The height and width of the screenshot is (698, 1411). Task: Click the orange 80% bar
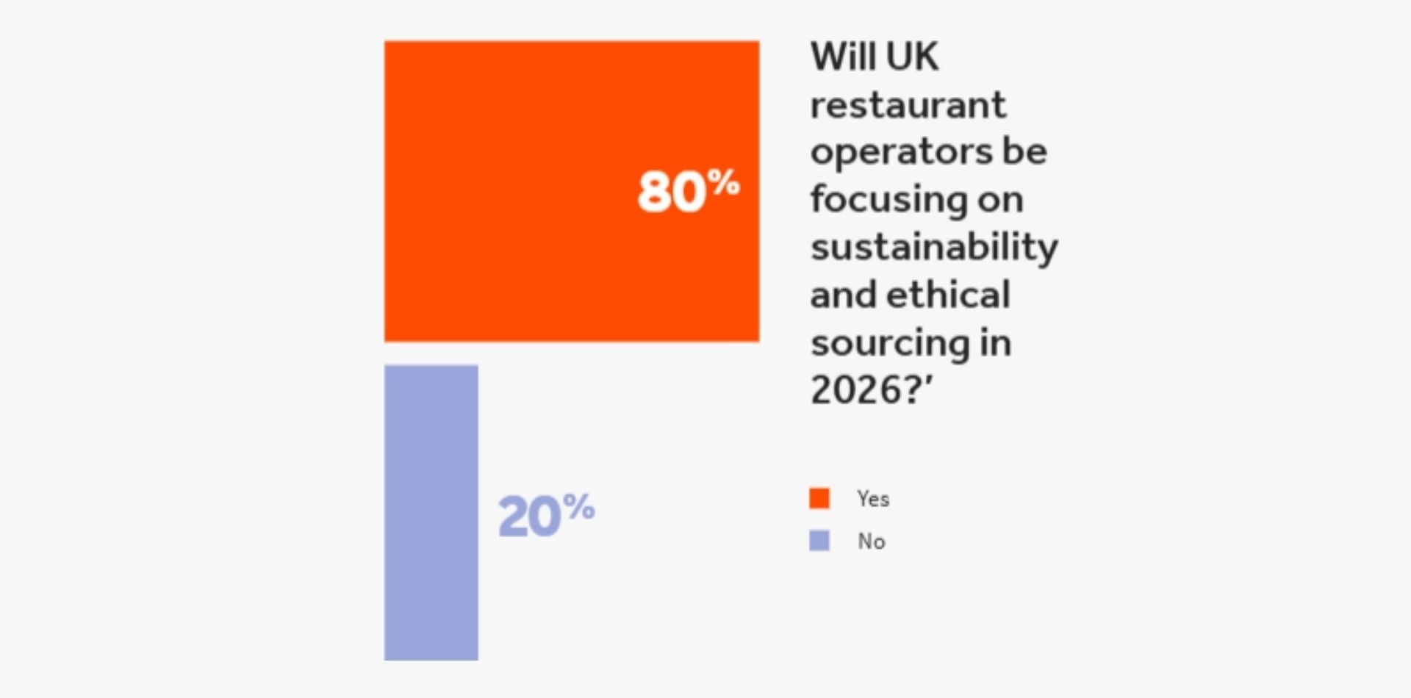(x=514, y=191)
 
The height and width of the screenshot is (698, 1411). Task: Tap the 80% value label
(x=688, y=191)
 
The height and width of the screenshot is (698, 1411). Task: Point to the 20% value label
(x=546, y=515)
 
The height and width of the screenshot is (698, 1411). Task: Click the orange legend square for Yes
(x=819, y=498)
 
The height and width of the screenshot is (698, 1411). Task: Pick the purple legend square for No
(x=819, y=541)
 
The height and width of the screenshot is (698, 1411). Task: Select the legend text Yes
(x=873, y=499)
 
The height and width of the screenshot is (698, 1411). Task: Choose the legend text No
(x=872, y=542)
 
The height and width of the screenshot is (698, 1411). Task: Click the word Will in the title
(x=843, y=57)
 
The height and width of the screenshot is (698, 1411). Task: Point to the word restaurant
(x=908, y=105)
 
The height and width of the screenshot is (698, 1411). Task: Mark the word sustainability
(x=934, y=248)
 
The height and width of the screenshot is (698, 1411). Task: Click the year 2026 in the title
(x=855, y=389)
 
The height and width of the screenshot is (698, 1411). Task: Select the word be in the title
(x=1024, y=151)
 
